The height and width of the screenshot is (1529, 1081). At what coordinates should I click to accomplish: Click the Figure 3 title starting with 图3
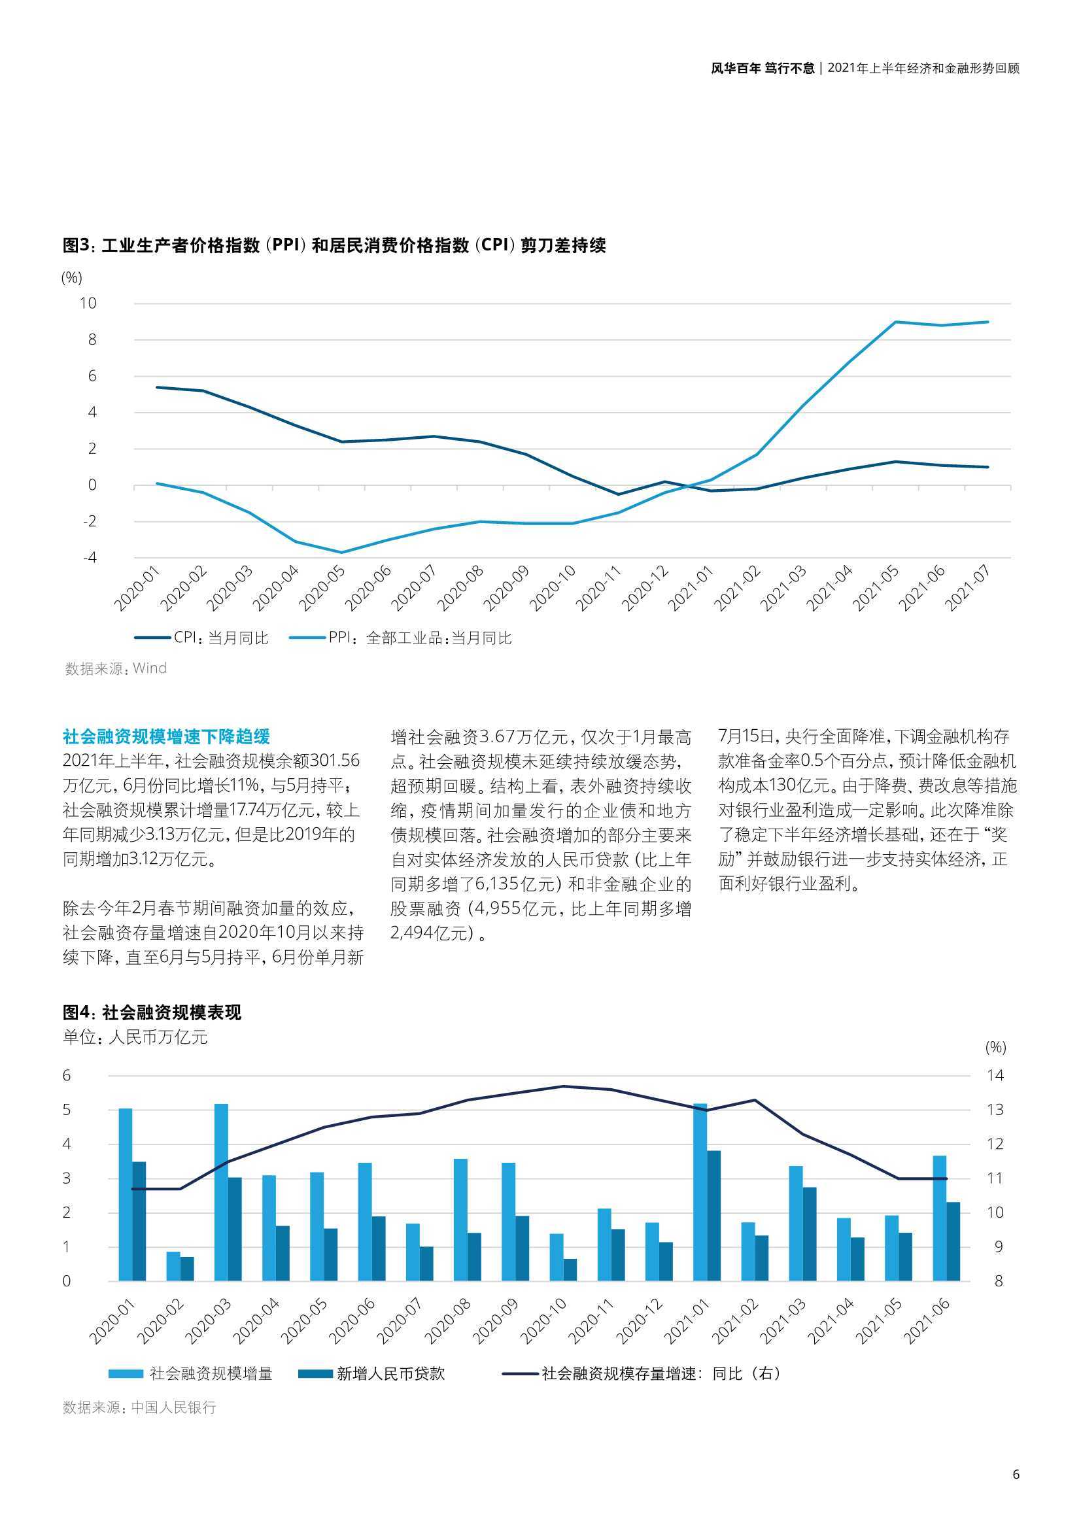pos(334,246)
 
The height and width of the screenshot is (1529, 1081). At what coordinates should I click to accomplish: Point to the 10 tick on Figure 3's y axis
pos(88,303)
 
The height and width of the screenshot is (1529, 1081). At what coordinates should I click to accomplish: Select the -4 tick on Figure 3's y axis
pos(89,557)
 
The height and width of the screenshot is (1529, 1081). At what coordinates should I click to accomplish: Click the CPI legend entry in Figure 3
pos(201,638)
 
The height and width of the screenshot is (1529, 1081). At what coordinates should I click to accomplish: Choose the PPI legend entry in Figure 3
pos(400,638)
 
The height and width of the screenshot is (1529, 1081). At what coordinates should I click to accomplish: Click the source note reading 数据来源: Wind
pos(115,668)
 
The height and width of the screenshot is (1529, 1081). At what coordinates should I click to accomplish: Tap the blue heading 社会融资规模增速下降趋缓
pos(167,736)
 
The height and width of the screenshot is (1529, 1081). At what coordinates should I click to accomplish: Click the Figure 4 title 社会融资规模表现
pos(152,1013)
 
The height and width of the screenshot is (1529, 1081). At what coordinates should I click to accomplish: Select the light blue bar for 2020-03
pos(221,1193)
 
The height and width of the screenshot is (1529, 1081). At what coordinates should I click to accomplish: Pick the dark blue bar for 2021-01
pos(713,1216)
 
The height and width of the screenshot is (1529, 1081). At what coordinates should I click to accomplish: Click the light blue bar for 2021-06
pos(939,1218)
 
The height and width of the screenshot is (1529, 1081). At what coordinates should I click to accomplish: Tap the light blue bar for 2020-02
pos(173,1267)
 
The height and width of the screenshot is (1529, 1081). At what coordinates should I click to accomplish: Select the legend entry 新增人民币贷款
pos(371,1374)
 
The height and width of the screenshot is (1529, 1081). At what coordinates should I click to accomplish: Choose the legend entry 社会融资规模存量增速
pos(641,1374)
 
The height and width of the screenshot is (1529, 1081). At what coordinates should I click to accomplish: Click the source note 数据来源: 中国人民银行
pos(139,1407)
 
